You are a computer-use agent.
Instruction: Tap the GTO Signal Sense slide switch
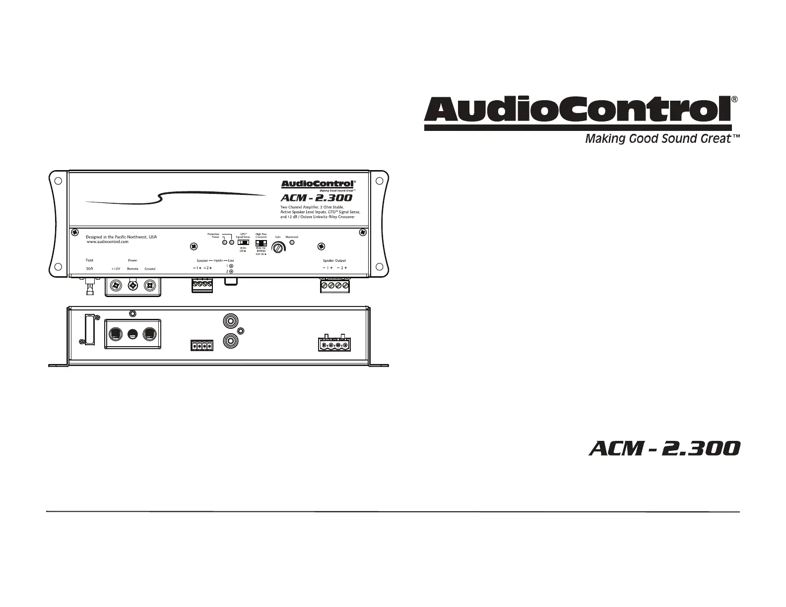243,243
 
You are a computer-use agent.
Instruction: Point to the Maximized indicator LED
292,243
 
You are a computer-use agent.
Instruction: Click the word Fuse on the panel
89,260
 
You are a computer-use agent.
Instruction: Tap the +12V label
116,269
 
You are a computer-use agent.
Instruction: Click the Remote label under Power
132,269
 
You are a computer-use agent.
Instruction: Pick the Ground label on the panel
150,269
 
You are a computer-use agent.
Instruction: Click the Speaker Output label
334,260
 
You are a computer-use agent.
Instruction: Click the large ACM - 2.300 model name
664,449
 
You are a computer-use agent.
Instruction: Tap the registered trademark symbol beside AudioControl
735,99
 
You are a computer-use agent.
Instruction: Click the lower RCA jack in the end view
230,340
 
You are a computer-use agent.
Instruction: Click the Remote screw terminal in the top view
133,285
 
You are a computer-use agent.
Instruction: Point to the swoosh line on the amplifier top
174,197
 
